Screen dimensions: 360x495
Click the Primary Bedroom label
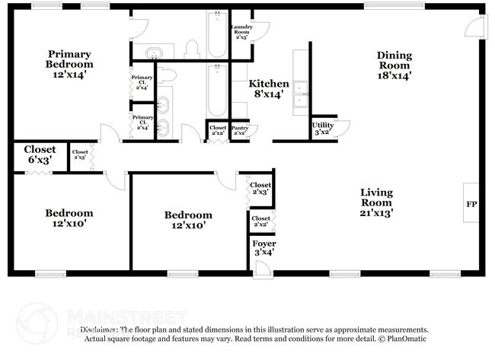click(x=70, y=64)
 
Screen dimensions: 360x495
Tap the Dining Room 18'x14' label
click(x=394, y=65)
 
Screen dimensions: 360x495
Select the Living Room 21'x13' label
click(x=376, y=202)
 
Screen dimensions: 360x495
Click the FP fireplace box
click(x=471, y=203)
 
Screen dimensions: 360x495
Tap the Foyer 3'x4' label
click(x=263, y=248)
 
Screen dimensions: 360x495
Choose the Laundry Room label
click(x=241, y=31)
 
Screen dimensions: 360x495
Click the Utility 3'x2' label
click(x=323, y=129)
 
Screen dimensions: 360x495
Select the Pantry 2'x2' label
click(x=241, y=130)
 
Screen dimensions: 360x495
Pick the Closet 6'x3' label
click(x=39, y=155)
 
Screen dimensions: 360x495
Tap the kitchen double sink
click(x=301, y=92)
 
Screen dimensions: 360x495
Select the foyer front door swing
click(x=261, y=267)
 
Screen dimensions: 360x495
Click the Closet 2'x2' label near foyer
click(x=260, y=221)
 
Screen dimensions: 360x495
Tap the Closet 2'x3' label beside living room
click(x=260, y=189)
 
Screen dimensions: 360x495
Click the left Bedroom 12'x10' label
click(x=69, y=218)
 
